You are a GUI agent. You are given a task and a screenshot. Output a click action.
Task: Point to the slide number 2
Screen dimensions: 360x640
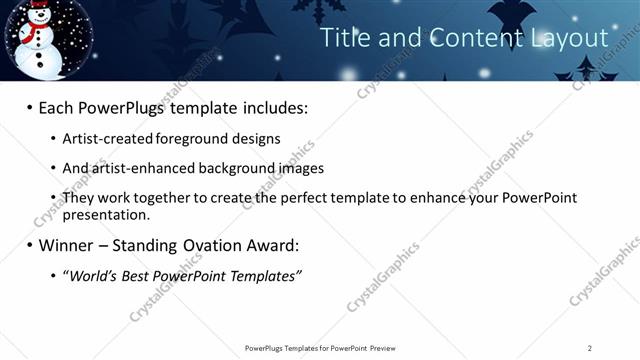click(590, 348)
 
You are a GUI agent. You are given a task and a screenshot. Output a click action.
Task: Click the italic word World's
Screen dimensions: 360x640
click(96, 275)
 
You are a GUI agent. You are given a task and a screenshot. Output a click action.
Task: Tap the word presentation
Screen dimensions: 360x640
click(105, 214)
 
